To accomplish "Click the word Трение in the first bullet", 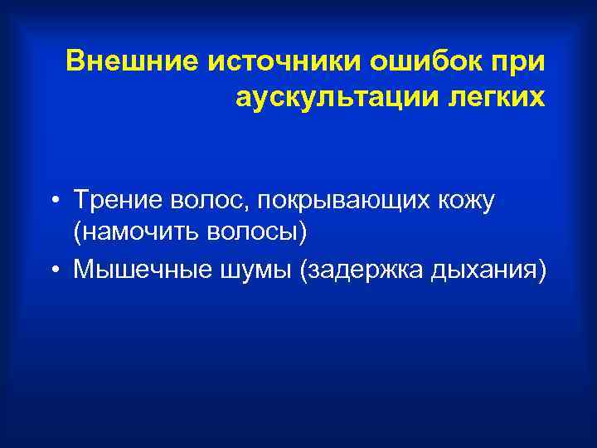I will point(117,199).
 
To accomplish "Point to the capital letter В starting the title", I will point(75,61).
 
